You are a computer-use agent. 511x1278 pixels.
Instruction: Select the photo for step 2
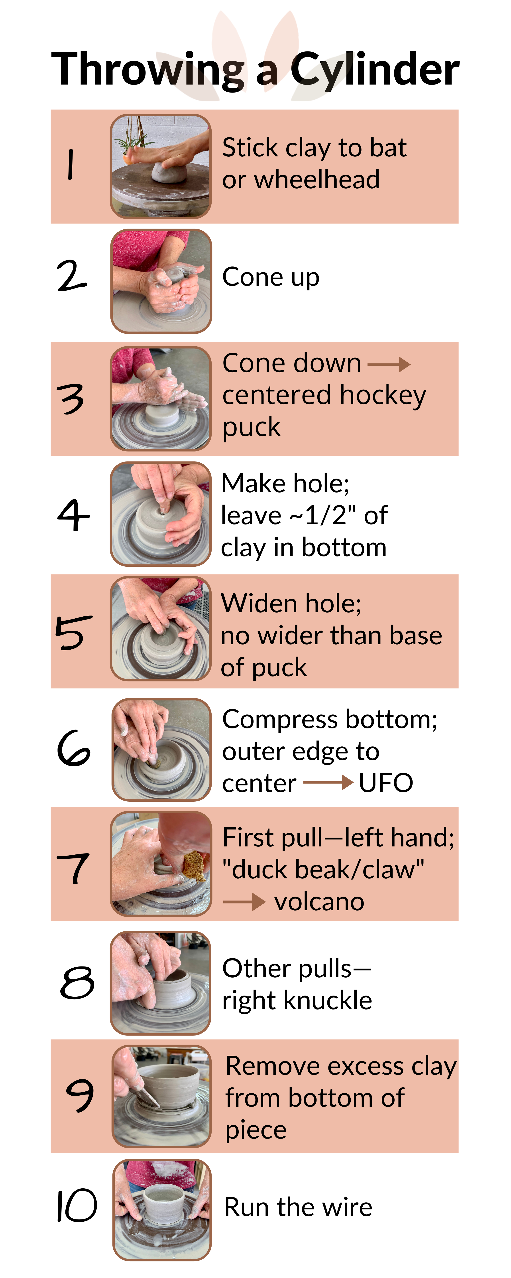[161, 281]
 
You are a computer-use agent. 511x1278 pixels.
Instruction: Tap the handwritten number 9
[79, 1095]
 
